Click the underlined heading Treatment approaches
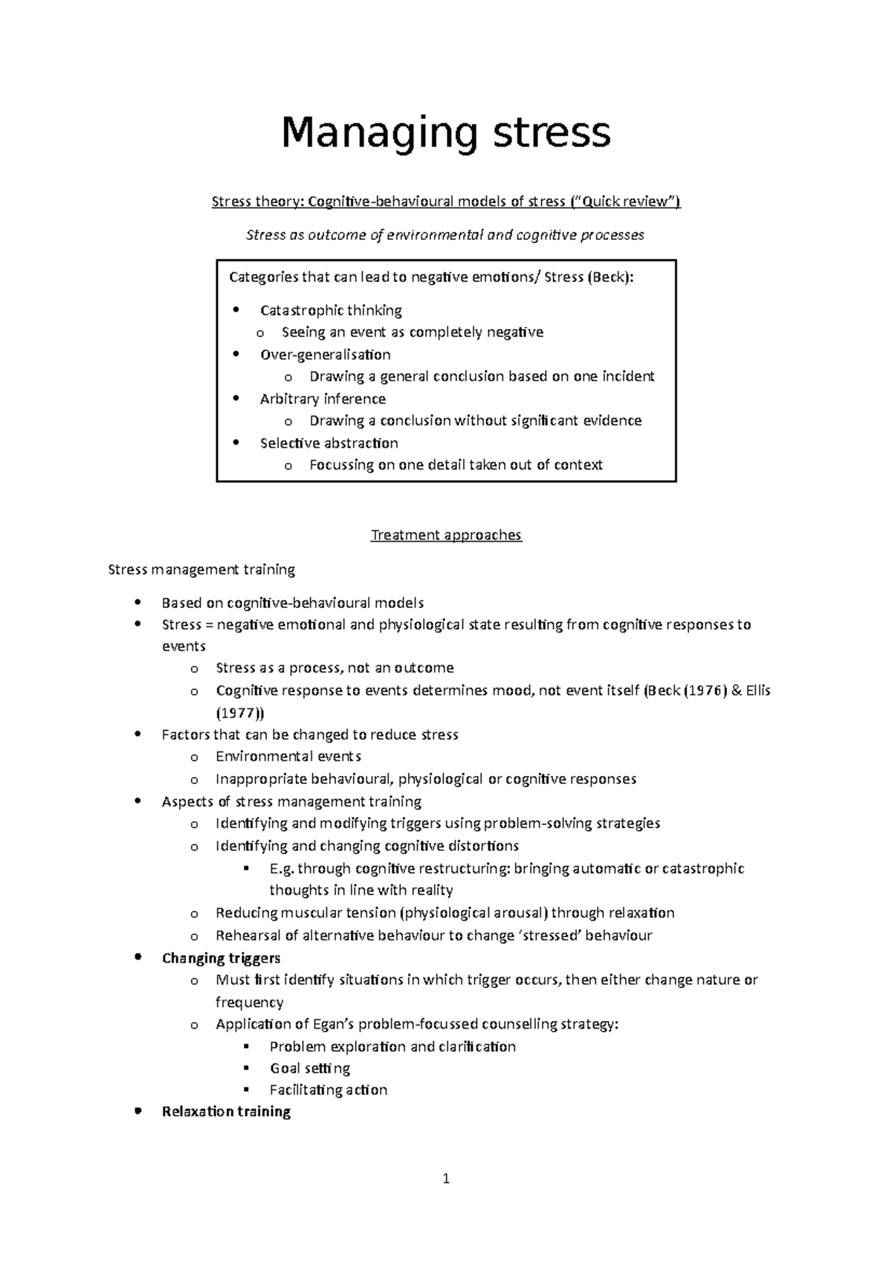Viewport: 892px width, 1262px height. point(446,535)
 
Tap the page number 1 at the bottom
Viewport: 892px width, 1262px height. point(446,1178)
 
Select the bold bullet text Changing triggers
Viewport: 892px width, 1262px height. point(221,958)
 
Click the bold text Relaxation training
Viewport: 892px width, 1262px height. point(226,1111)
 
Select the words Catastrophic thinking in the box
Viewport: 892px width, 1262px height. point(331,310)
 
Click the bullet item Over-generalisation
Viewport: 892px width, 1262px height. point(325,355)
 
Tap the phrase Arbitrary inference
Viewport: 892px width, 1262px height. point(323,398)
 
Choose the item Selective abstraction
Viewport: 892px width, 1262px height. point(329,443)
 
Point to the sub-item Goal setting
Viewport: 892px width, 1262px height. point(309,1068)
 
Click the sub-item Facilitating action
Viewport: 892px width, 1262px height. point(328,1090)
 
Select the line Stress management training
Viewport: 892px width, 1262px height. point(201,569)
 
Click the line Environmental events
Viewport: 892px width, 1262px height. point(288,757)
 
